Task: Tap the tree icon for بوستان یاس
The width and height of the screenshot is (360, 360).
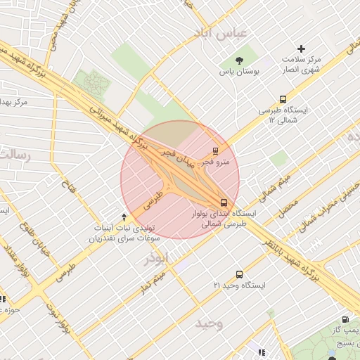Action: [240, 60]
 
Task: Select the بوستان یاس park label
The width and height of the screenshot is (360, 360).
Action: [240, 72]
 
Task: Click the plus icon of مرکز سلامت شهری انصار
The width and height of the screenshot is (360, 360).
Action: [302, 49]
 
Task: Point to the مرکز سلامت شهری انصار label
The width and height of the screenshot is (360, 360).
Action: [302, 65]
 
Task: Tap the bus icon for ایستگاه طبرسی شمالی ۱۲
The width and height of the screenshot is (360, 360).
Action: [283, 99]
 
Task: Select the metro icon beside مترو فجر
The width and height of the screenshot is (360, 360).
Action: [215, 150]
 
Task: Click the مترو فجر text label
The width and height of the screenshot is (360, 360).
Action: [215, 162]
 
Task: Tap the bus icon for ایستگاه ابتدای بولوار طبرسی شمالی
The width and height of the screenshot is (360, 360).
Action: [224, 202]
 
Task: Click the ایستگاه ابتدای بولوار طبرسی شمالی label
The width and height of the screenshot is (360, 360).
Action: [225, 218]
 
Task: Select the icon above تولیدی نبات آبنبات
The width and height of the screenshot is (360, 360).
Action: [124, 217]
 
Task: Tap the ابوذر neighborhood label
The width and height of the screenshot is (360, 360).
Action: [156, 258]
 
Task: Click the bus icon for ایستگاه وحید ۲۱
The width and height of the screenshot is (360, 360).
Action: [239, 274]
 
